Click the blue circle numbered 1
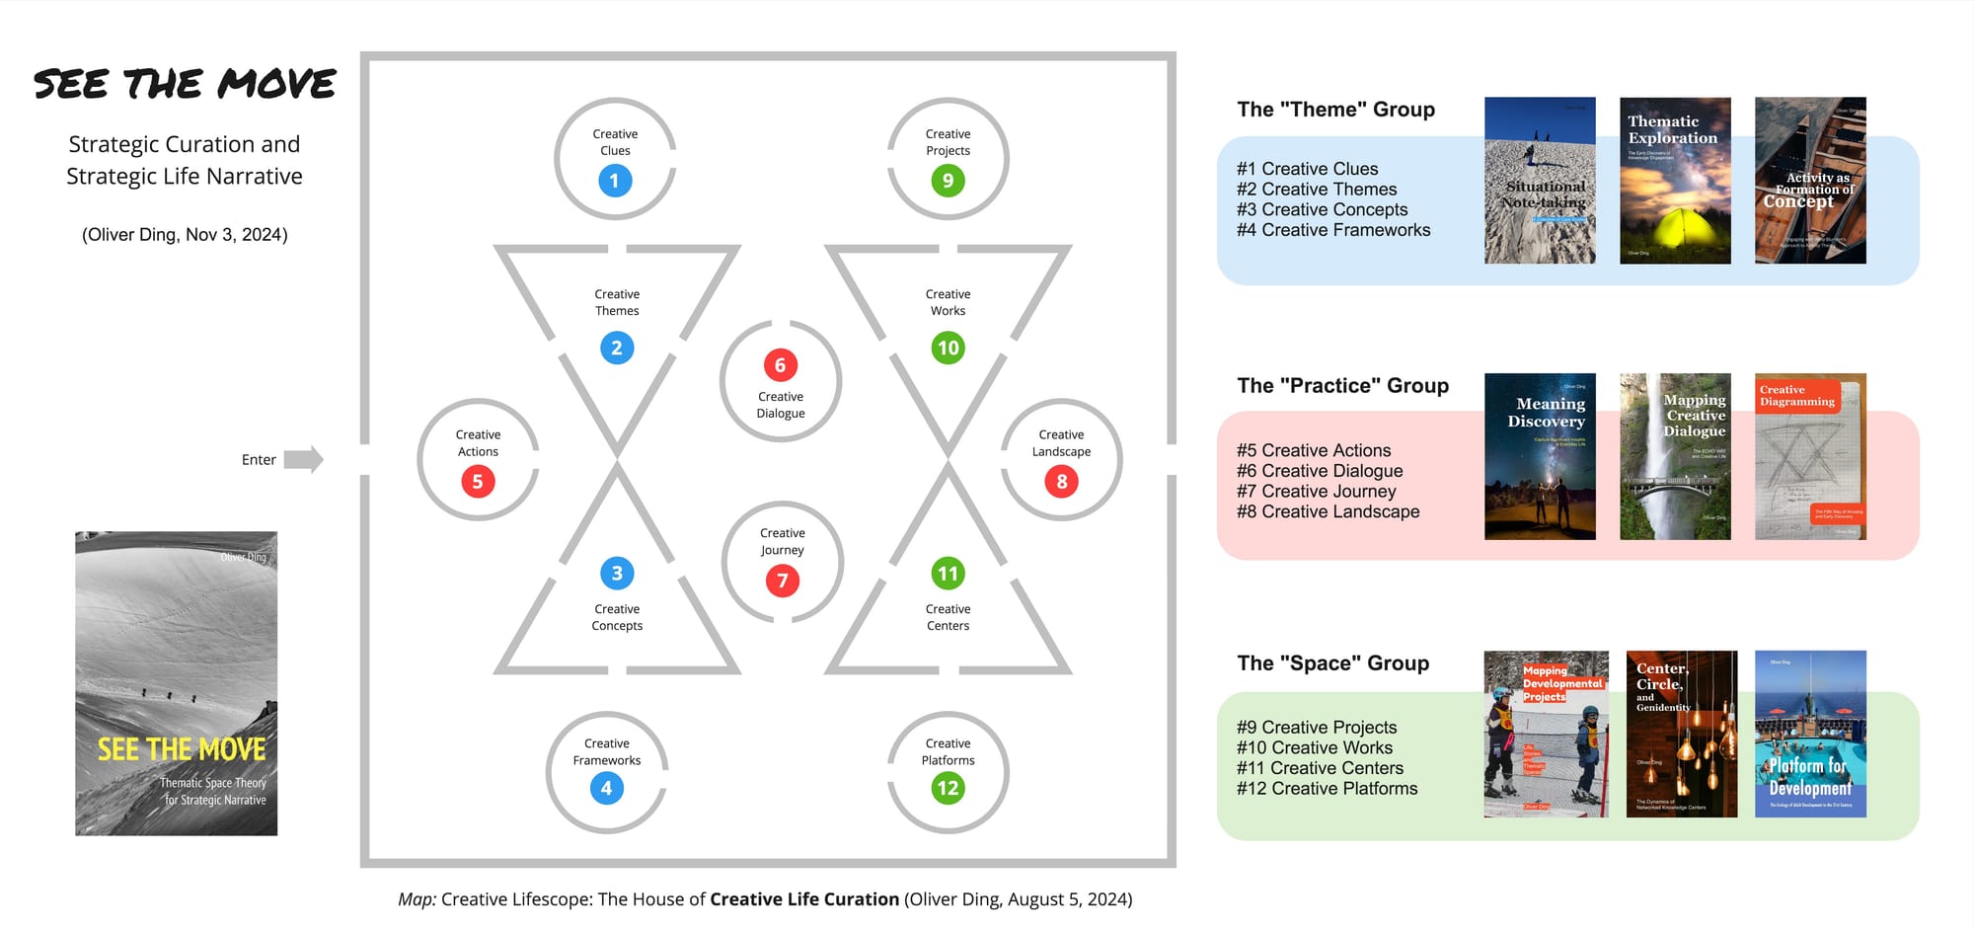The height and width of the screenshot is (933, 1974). pos(614,181)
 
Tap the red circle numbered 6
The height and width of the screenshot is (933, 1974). pos(780,365)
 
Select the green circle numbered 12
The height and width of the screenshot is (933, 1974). pos(948,788)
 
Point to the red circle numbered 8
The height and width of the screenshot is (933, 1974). pos(1061,482)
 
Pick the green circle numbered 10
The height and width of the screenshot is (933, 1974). pos(948,348)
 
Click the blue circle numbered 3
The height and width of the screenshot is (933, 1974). pos(617,574)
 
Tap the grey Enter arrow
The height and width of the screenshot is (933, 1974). pos(303,459)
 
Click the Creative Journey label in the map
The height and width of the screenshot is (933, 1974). pos(782,541)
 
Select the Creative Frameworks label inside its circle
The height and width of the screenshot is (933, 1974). pos(606,752)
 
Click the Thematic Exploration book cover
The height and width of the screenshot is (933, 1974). pos(1675,181)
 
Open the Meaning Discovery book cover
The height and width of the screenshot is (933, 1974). pos(1540,456)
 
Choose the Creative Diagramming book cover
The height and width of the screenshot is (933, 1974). pos(1810,456)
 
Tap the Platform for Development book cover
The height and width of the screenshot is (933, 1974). pos(1810,734)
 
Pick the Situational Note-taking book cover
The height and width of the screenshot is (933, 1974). pos(1540,181)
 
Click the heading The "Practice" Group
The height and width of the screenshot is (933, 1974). pos(1342,386)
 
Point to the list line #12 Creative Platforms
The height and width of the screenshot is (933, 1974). pos(1327,788)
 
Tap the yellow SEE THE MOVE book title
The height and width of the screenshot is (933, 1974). pos(182,749)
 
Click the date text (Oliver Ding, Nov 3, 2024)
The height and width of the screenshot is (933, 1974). pos(185,235)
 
